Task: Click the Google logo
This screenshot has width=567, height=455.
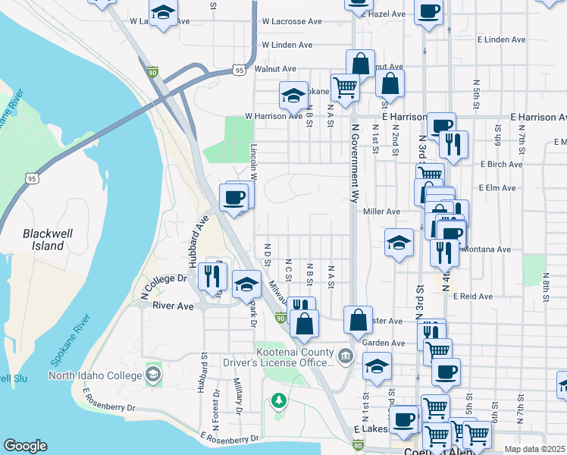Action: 25,446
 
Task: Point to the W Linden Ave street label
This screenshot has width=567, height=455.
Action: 287,45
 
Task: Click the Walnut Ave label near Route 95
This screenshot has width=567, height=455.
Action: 274,68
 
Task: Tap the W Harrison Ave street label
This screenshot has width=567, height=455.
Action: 273,116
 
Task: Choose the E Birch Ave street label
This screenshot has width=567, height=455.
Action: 501,164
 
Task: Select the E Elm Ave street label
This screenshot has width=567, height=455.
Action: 497,187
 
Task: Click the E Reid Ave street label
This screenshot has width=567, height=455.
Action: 473,297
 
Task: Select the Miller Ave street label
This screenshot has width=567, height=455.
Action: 381,212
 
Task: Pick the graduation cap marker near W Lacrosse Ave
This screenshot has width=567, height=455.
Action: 163,12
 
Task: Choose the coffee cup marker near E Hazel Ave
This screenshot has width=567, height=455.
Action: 429,11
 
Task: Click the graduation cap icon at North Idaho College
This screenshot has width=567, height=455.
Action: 153,375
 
